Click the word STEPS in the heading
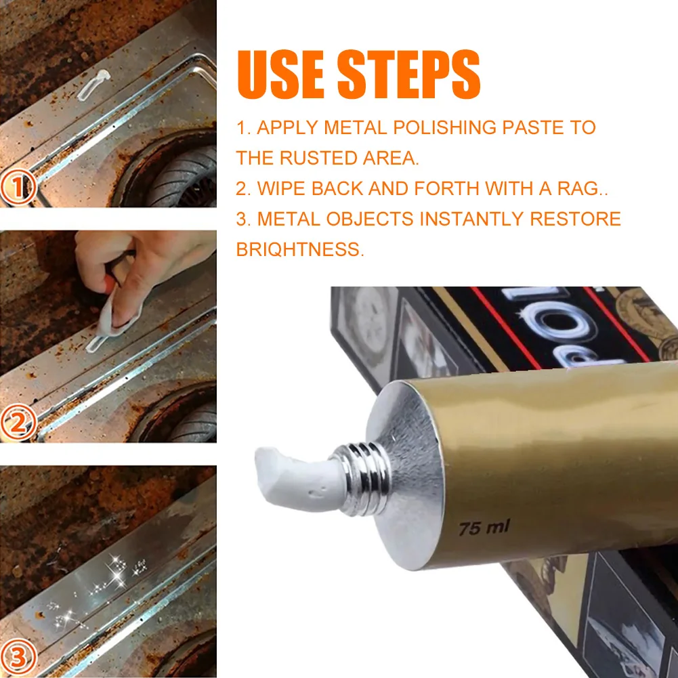click(408, 74)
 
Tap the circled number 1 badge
click(18, 187)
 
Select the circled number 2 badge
click(18, 423)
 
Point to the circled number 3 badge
click(18, 657)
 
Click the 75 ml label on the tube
click(484, 528)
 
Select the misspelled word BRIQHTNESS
click(300, 249)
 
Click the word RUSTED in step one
click(318, 158)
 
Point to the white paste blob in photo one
click(93, 84)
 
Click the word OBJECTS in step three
click(370, 219)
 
